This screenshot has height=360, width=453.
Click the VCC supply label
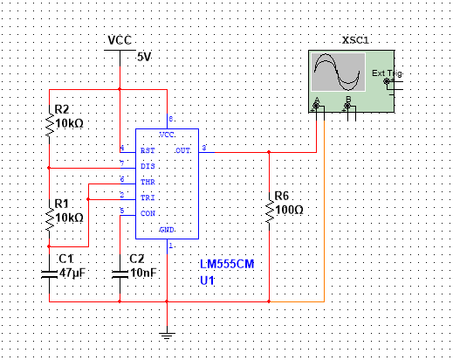pyautogui.click(x=120, y=41)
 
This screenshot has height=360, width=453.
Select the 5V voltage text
pyautogui.click(x=145, y=57)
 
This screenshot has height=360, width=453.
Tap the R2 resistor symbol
pyautogui.click(x=50, y=124)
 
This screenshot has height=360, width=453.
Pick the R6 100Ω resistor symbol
pyautogui.click(x=269, y=210)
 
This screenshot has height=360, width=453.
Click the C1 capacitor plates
pyautogui.click(x=50, y=273)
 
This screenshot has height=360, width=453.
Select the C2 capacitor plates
pyautogui.click(x=120, y=273)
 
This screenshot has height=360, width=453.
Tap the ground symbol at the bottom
pyautogui.click(x=166, y=335)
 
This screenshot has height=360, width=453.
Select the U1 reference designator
pyautogui.click(x=208, y=281)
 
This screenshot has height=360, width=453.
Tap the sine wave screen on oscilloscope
pyautogui.click(x=339, y=73)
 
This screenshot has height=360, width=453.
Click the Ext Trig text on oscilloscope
pyautogui.click(x=386, y=73)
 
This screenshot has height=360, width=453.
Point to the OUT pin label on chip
pyautogui.click(x=182, y=150)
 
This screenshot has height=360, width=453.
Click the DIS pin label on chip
pyautogui.click(x=148, y=165)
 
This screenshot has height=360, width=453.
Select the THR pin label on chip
pyautogui.click(x=148, y=182)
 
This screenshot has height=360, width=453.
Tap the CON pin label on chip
pyautogui.click(x=148, y=213)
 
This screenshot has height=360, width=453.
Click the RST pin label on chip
pyautogui.click(x=148, y=151)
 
